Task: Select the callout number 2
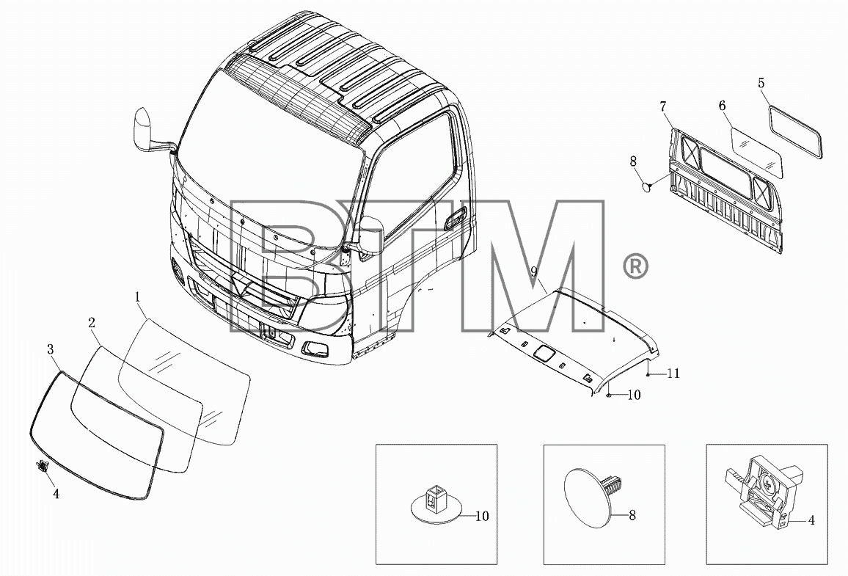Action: tap(92, 323)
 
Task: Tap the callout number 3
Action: tap(51, 349)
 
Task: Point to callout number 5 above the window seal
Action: tap(761, 84)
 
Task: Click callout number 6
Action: tap(722, 106)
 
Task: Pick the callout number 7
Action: tap(663, 106)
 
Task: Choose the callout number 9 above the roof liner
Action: tap(534, 271)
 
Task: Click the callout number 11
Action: tap(673, 373)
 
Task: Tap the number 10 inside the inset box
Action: tap(482, 516)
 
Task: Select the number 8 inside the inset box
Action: tap(632, 515)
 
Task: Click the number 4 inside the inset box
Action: tap(811, 520)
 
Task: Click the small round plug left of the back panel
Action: tap(646, 186)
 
